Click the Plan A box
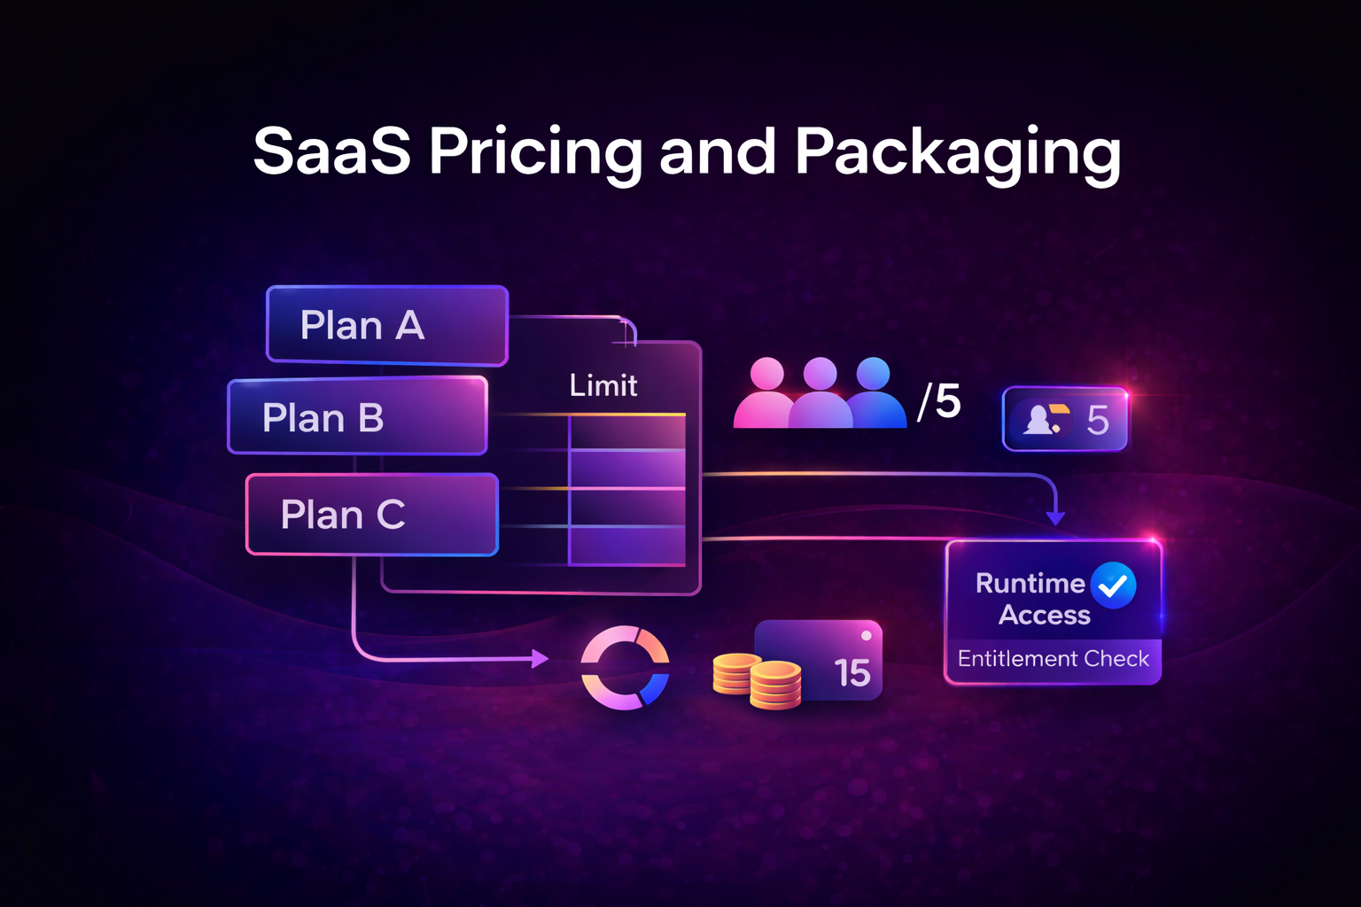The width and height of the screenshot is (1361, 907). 387,325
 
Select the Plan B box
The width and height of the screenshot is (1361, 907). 358,416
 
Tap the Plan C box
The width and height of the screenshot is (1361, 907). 372,515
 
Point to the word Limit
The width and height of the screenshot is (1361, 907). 603,385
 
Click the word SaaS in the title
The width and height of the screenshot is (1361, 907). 332,151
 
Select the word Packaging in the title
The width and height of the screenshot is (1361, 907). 958,152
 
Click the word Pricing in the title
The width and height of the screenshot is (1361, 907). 536,152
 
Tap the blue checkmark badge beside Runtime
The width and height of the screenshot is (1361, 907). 1114,585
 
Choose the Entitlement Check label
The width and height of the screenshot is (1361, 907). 1053,659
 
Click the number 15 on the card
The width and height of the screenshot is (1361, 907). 852,673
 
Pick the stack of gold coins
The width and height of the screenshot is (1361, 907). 758,681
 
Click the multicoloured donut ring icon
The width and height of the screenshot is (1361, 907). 625,668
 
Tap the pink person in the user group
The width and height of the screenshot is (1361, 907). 766,394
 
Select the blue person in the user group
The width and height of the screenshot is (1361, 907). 875,394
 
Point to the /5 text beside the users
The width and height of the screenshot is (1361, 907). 939,401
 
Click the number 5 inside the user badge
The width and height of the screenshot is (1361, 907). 1098,420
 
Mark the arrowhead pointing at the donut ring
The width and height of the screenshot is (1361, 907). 540,658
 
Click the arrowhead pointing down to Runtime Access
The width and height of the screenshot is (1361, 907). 1055,517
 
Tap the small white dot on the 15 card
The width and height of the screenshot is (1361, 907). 866,635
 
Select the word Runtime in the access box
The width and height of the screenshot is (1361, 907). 1030,583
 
